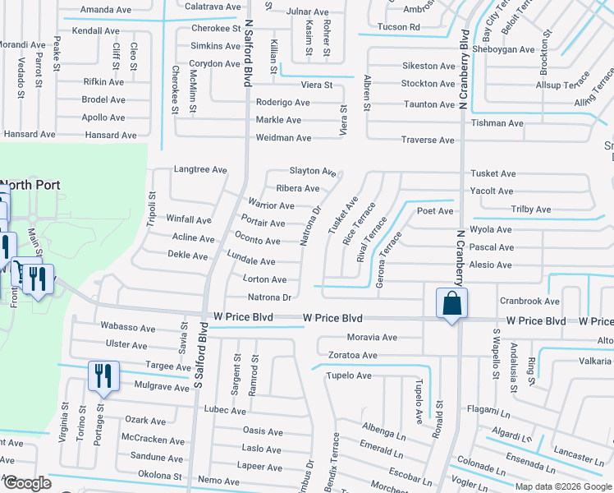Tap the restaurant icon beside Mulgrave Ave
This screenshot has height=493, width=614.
tap(103, 376)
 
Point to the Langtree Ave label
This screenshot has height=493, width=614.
tap(199, 169)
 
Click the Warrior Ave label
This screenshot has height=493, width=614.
tap(271, 205)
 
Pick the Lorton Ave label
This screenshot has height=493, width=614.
tap(265, 279)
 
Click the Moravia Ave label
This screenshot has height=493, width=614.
tap(372, 337)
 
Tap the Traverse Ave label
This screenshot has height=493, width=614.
tap(428, 140)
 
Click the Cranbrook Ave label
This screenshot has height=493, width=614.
tap(529, 301)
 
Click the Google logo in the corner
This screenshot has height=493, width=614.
tap(26, 484)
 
